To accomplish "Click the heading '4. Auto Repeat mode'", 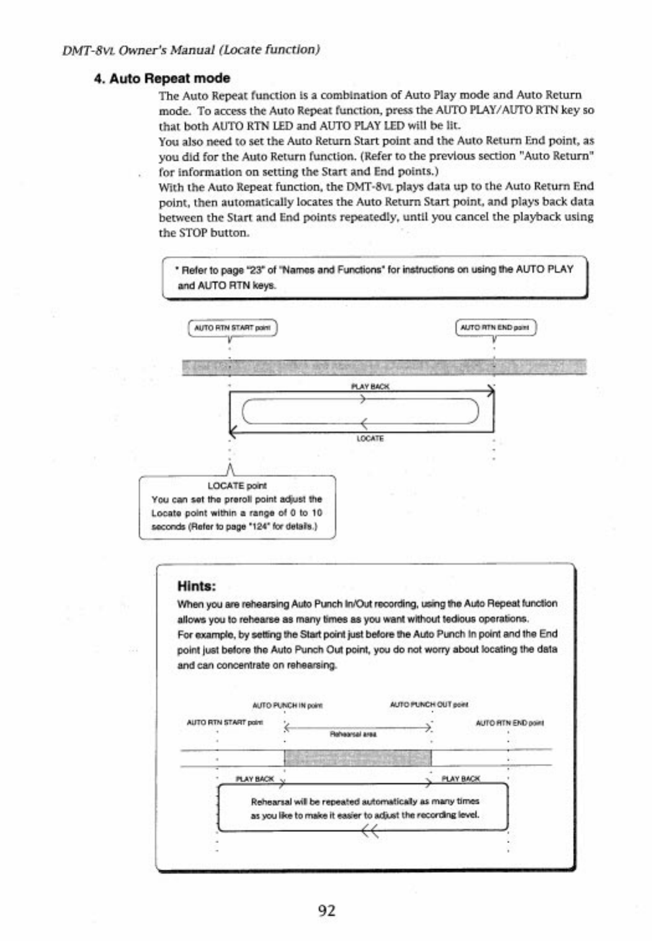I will pyautogui.click(x=162, y=78).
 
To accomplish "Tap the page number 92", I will pyautogui.click(x=326, y=910).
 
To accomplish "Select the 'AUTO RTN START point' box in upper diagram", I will pyautogui.click(x=232, y=328).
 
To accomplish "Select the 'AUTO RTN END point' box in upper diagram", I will pyautogui.click(x=496, y=328).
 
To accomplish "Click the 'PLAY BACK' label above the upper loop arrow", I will pyautogui.click(x=370, y=386).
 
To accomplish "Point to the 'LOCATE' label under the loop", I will pyautogui.click(x=370, y=439).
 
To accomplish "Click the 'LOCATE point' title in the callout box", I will pyautogui.click(x=237, y=486).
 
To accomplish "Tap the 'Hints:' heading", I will pyautogui.click(x=196, y=586).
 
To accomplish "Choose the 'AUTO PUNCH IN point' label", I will pyautogui.click(x=287, y=705).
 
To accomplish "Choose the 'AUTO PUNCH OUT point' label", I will pyautogui.click(x=429, y=705).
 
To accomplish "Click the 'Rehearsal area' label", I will pyautogui.click(x=354, y=734).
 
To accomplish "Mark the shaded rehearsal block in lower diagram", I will pyautogui.click(x=357, y=757).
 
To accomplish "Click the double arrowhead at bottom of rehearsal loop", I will pyautogui.click(x=370, y=833).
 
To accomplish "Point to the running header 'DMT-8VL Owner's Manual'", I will pyautogui.click(x=191, y=50).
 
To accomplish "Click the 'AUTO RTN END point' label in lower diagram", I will pyautogui.click(x=509, y=723).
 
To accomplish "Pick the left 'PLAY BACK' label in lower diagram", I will pyautogui.click(x=254, y=778).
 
